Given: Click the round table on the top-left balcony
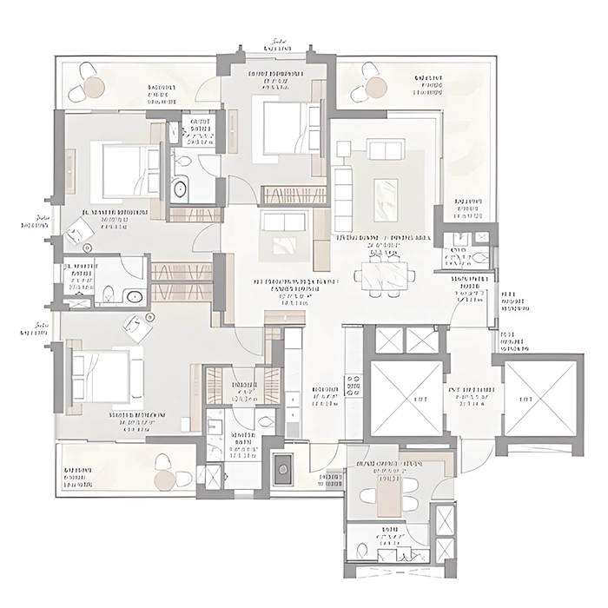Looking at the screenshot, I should pos(95,87).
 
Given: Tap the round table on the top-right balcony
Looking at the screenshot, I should pos(375,87).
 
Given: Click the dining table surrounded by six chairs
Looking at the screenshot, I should pos(384,275).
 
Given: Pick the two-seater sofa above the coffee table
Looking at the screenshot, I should pos(385,149).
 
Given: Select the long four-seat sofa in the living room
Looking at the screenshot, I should pos(343,199).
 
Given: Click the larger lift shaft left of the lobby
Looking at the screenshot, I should pos(406,397).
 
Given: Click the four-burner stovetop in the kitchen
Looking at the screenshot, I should pos(353,385).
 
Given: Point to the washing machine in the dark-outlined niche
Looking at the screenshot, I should pos(282,470).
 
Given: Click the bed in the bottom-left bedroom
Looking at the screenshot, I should pos(108,376).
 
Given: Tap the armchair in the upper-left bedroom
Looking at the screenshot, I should pos(80,231).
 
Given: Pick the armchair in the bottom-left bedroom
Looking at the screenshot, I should pos(137,327).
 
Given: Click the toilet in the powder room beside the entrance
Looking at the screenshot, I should pos(479,256).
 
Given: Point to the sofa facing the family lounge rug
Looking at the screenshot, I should pos(284,221).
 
